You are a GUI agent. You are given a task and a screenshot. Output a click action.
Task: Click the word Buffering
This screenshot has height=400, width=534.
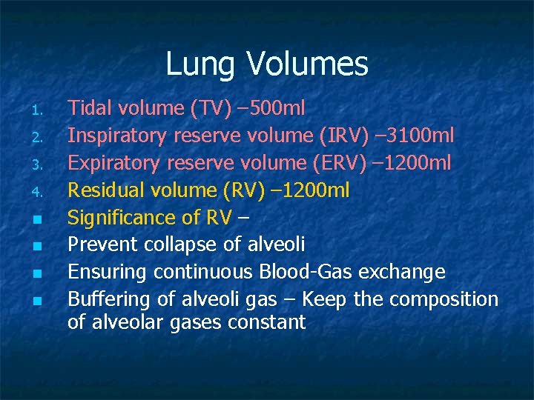108,299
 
